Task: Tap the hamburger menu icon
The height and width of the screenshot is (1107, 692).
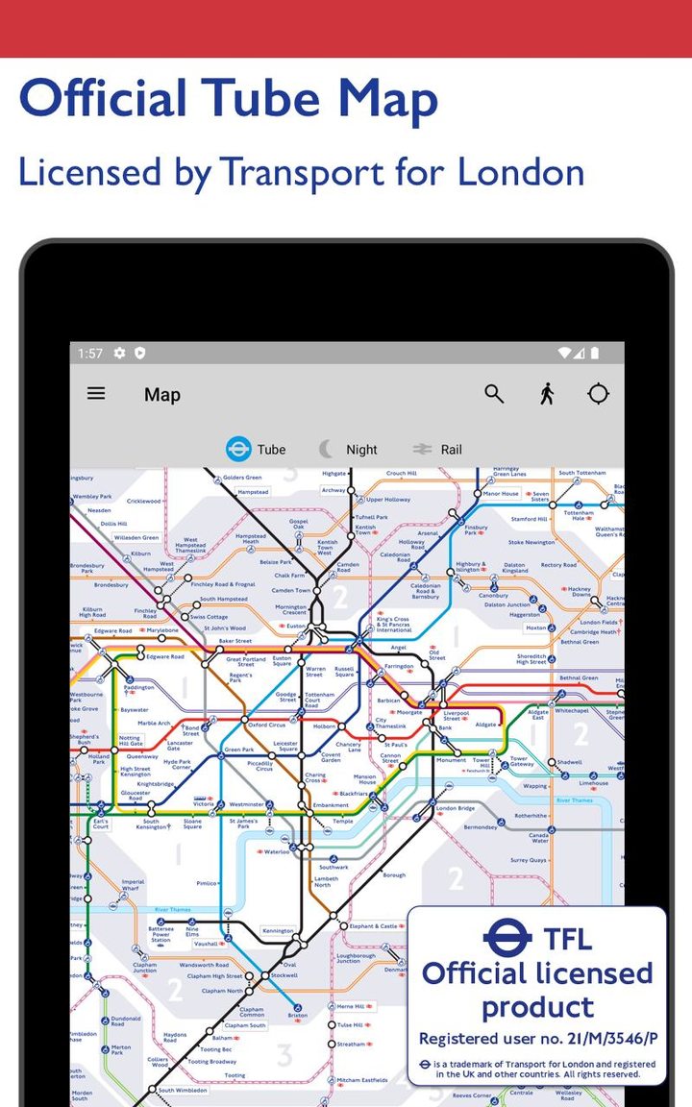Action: point(96,393)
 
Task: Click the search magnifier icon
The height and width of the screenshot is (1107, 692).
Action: point(494,394)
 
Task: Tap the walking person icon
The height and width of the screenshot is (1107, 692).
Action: point(547,394)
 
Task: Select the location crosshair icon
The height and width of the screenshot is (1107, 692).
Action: point(599,394)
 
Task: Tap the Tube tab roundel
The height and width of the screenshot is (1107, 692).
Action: point(238,449)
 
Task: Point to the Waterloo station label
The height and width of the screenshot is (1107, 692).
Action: point(277,851)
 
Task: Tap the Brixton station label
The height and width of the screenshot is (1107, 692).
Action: point(298,1015)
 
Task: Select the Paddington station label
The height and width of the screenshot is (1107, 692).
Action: point(138,687)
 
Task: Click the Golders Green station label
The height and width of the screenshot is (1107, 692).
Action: point(242,478)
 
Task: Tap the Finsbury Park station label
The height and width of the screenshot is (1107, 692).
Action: point(477,529)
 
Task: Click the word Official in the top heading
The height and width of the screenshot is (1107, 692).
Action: point(103,99)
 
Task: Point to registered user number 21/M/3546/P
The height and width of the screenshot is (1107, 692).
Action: point(537,1039)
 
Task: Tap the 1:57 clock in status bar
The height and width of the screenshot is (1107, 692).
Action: point(90,354)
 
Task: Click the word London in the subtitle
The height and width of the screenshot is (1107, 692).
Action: point(520,172)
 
